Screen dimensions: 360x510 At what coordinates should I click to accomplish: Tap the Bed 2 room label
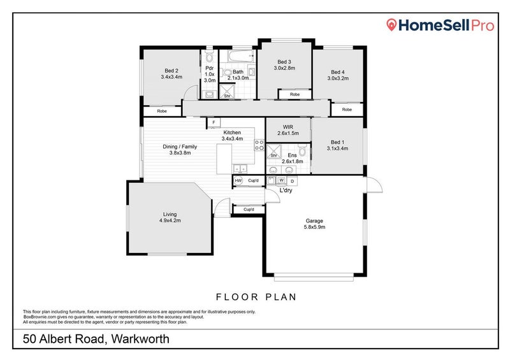click(x=171, y=71)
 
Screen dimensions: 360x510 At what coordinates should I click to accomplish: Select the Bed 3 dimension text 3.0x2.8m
click(x=284, y=68)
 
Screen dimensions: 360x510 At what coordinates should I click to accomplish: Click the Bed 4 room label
click(x=337, y=72)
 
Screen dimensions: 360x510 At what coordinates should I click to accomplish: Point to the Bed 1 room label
click(x=337, y=142)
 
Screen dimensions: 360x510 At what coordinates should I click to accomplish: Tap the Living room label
click(x=170, y=214)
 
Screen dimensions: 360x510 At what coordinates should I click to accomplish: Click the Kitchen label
click(x=232, y=132)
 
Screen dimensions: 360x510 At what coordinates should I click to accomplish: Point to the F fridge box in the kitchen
click(x=214, y=122)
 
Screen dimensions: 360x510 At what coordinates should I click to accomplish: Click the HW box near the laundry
click(x=238, y=181)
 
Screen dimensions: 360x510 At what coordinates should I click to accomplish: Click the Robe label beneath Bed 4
click(x=346, y=110)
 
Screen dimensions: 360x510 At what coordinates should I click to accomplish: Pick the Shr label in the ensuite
click(x=273, y=155)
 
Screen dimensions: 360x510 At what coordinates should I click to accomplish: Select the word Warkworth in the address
click(x=140, y=339)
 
